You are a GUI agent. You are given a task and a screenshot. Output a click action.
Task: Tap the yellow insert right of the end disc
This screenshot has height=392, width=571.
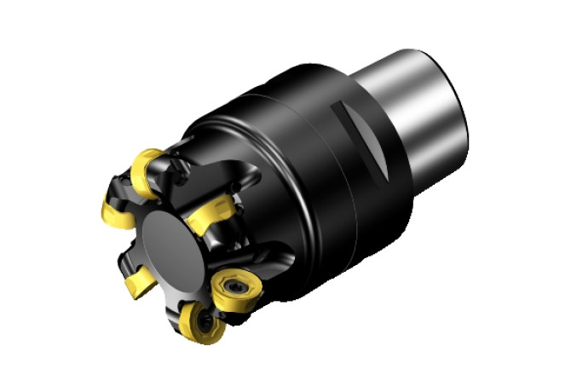210,210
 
